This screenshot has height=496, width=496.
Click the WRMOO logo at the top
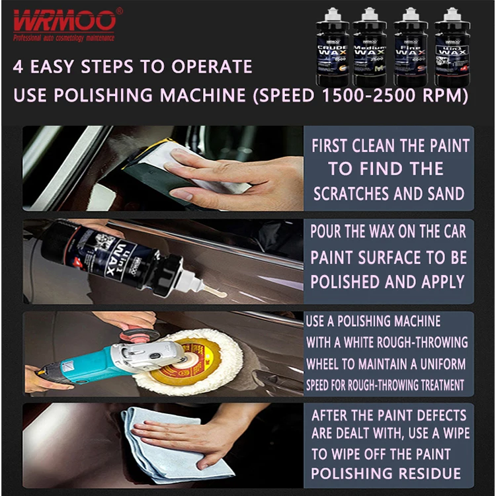(64, 21)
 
